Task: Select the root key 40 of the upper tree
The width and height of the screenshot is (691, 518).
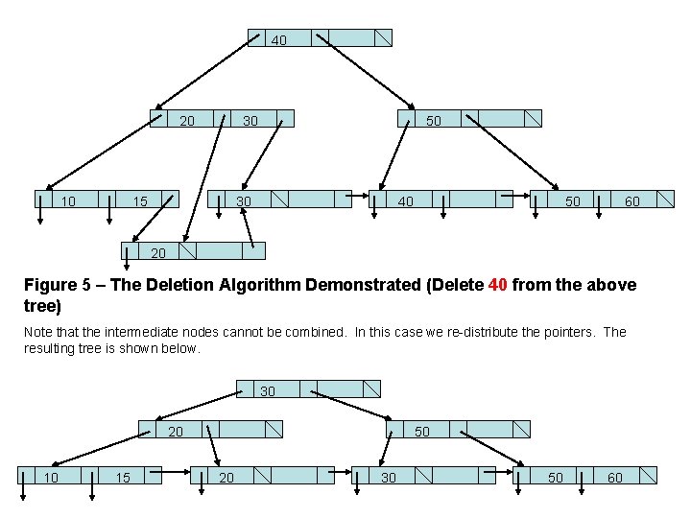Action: click(278, 40)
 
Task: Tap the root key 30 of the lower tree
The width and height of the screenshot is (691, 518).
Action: click(268, 391)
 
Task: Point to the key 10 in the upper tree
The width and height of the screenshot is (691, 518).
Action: click(68, 201)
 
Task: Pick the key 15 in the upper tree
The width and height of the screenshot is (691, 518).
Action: click(140, 201)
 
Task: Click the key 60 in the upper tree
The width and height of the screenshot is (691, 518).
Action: click(631, 201)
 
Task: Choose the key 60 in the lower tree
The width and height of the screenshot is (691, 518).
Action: click(614, 477)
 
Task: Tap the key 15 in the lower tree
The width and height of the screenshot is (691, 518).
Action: click(123, 477)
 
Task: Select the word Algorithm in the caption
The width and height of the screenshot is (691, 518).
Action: click(276, 285)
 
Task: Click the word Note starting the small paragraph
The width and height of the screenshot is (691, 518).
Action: click(38, 332)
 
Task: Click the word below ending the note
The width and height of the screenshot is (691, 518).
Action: click(181, 348)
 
